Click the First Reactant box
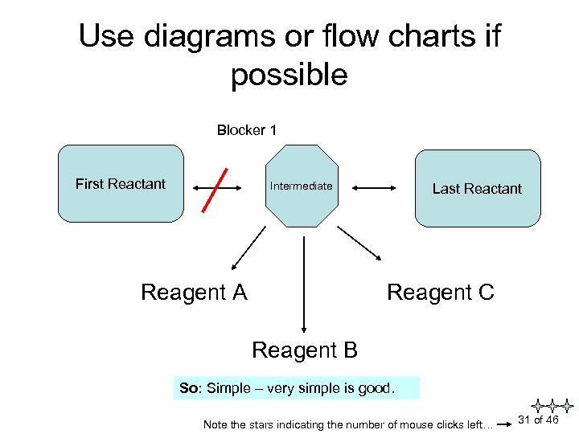(121, 183)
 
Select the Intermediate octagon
(302, 186)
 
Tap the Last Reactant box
(477, 189)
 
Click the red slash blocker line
(215, 189)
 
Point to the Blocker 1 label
(246, 130)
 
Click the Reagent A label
(194, 293)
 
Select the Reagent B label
(304, 350)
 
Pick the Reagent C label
(440, 293)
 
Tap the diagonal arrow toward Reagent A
(248, 248)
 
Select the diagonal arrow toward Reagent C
(359, 243)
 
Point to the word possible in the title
(289, 76)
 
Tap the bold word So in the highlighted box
(190, 389)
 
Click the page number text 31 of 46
(538, 420)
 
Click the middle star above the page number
(551, 406)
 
